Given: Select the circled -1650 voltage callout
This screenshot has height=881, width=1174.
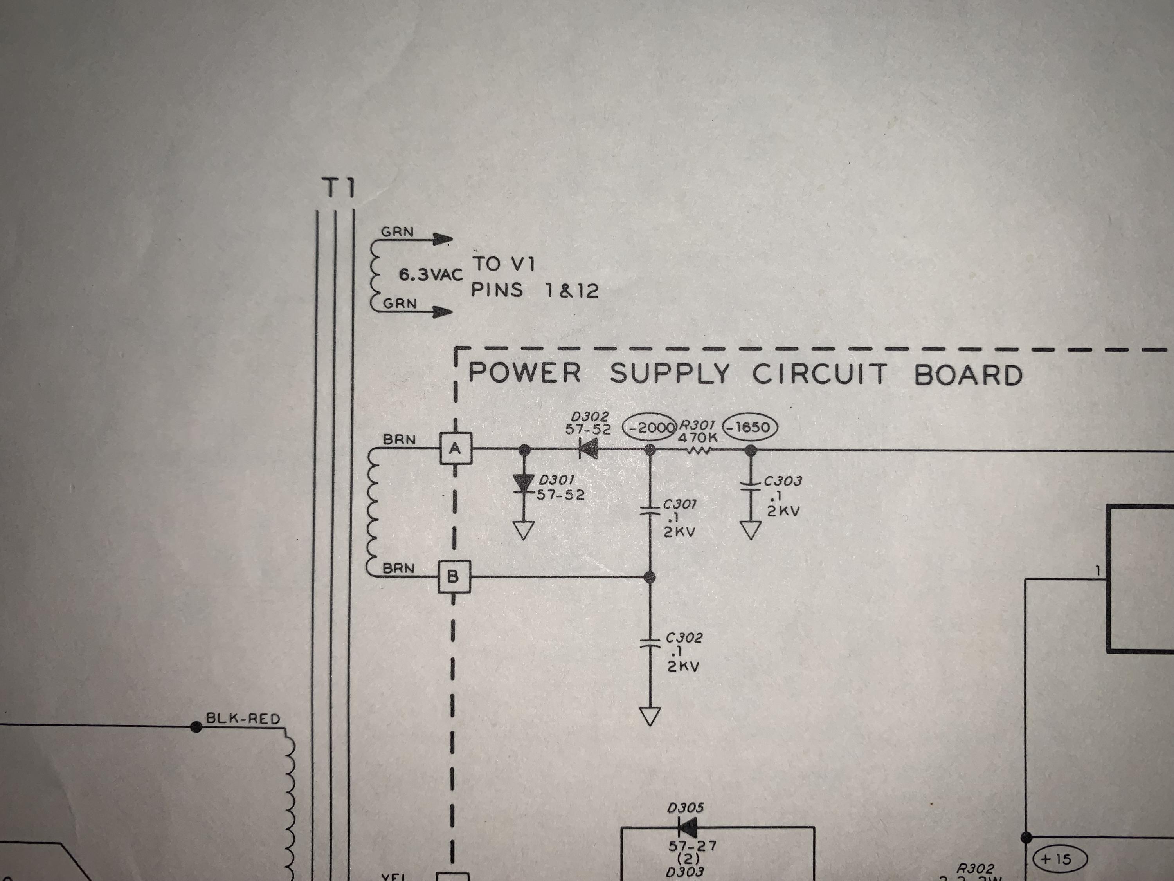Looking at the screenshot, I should (x=750, y=427).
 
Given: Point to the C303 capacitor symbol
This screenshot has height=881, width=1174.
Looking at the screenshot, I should (x=751, y=487).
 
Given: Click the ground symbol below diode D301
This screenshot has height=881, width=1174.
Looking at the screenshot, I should (x=524, y=530).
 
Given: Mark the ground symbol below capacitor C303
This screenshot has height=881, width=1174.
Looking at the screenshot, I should (x=751, y=531).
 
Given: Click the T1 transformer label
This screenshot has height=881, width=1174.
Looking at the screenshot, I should (x=339, y=188).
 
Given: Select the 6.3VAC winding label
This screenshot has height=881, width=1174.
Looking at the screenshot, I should (x=430, y=275).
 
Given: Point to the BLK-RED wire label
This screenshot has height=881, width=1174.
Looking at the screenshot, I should (x=243, y=719).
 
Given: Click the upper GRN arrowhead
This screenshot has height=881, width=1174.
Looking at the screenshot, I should (x=443, y=240).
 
